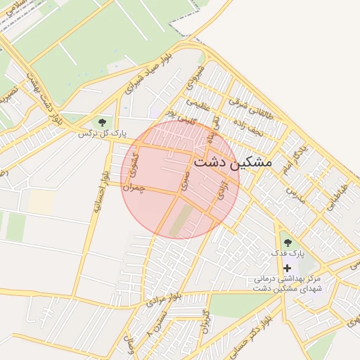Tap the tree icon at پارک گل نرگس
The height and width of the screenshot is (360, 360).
pos(103,123)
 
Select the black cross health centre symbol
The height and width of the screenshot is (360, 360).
pos(287,267)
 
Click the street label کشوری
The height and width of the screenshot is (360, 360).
pos(137,166)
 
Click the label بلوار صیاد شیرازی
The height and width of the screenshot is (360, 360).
pos(148,77)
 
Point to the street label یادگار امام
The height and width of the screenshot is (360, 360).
pos(292,159)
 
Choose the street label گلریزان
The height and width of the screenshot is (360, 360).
pos(205,321)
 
